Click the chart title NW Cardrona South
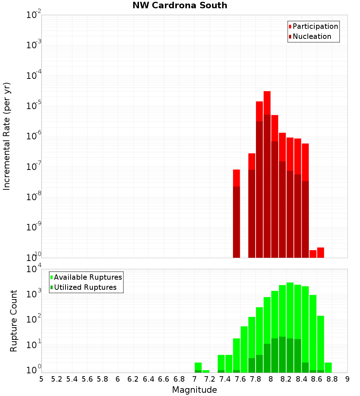click(x=180, y=5)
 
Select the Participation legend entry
click(x=313, y=27)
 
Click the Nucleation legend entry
click(x=310, y=37)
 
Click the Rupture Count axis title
click(x=14, y=321)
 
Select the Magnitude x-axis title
click(x=194, y=390)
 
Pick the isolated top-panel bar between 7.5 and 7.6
click(x=236, y=212)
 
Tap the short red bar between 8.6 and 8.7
click(x=320, y=252)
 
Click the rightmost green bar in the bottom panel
click(x=328, y=367)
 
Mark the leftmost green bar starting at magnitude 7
click(x=198, y=367)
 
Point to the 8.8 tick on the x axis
click(x=332, y=379)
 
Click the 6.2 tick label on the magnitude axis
click(x=133, y=379)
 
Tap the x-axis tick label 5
click(x=41, y=379)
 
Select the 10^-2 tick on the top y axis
click(x=34, y=15)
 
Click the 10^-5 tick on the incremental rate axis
click(x=34, y=106)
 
